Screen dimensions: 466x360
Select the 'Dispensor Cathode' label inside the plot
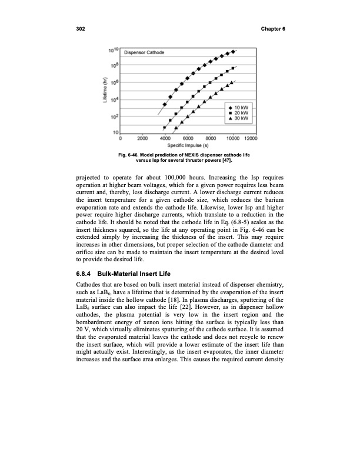[139, 53]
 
